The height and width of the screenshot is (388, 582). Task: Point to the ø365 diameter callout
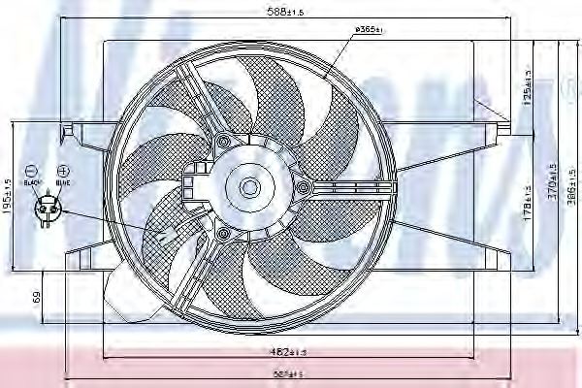tap(370, 30)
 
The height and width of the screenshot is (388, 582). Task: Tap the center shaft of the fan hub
tap(248, 187)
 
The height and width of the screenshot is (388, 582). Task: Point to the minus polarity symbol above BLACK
tap(31, 169)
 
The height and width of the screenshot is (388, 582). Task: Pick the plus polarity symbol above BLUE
tap(62, 169)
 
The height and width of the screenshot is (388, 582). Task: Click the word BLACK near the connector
tap(31, 180)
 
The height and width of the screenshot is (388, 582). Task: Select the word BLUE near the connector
tap(62, 180)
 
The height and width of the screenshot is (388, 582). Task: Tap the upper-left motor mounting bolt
tap(224, 143)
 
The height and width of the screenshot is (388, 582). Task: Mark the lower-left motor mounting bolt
tap(224, 233)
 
